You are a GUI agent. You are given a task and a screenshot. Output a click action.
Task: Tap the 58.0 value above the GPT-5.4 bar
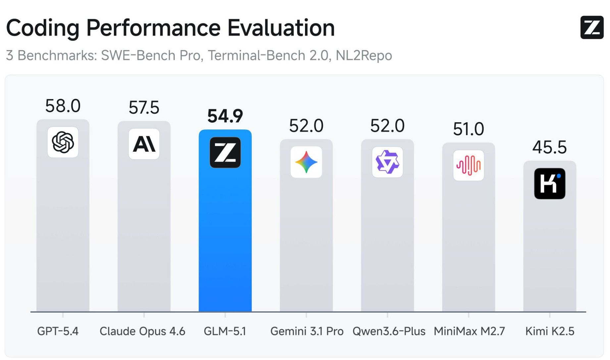(63, 106)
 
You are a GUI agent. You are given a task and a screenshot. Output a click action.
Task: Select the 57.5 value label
(144, 108)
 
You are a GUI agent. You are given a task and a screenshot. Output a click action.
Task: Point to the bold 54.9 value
(225, 116)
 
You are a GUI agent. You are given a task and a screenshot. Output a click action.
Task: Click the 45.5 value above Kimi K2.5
(549, 147)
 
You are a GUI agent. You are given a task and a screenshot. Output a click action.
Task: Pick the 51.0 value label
(468, 129)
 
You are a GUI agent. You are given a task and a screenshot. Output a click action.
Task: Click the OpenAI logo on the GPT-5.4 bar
(63, 142)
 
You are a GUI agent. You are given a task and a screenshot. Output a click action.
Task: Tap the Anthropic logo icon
(144, 144)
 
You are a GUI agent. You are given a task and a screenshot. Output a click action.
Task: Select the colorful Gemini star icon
(306, 162)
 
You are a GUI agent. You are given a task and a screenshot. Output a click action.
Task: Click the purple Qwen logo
(387, 162)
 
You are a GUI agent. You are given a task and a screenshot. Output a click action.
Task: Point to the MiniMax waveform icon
(468, 165)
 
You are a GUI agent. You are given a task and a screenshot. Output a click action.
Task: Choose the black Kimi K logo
(549, 183)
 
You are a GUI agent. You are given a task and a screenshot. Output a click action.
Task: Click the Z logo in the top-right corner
(592, 27)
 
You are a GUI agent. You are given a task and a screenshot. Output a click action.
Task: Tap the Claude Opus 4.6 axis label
(142, 331)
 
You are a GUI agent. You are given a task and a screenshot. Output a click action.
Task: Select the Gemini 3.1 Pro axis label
(307, 331)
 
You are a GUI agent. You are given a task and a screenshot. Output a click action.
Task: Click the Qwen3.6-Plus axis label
(389, 331)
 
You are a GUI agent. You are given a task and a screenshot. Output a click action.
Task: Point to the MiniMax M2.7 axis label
(469, 331)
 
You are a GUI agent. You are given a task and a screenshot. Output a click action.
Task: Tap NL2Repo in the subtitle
(364, 55)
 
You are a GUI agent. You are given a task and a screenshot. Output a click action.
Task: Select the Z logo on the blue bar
(225, 152)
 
